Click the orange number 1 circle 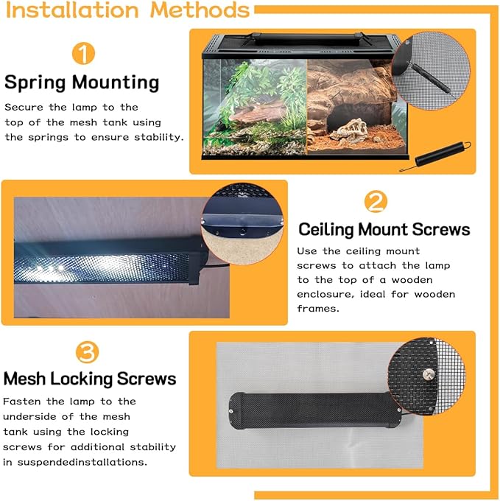pyautogui.click(x=83, y=53)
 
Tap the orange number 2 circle pyautogui.click(x=376, y=201)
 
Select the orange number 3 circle pyautogui.click(x=87, y=352)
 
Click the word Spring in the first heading pyautogui.click(x=35, y=83)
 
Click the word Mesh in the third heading pyautogui.click(x=24, y=379)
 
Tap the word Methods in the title pyautogui.click(x=200, y=10)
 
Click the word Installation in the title pyautogui.click(x=72, y=10)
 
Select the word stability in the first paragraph pyautogui.click(x=158, y=137)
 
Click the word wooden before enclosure pyautogui.click(x=412, y=280)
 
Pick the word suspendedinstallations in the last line pyautogui.click(x=82, y=462)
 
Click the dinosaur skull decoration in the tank pyautogui.click(x=348, y=130)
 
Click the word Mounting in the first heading pyautogui.click(x=116, y=83)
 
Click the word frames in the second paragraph pyautogui.click(x=318, y=309)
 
